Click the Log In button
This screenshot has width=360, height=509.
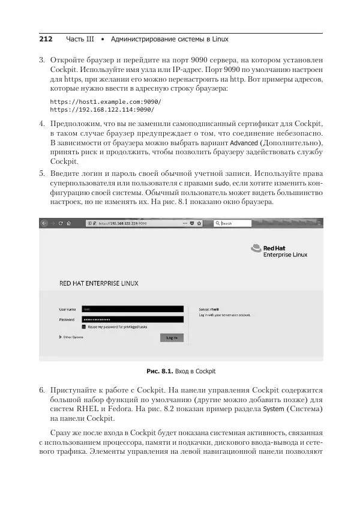point(172,337)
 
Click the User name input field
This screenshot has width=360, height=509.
point(132,309)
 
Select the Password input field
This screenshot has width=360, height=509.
point(132,319)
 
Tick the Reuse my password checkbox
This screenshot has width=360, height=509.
point(84,327)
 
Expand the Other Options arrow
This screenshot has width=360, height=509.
point(61,337)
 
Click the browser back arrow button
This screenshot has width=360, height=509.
point(44,223)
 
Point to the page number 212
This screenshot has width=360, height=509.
point(46,39)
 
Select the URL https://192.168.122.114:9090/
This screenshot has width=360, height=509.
point(102,110)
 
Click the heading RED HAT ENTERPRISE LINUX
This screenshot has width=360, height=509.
point(98,283)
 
